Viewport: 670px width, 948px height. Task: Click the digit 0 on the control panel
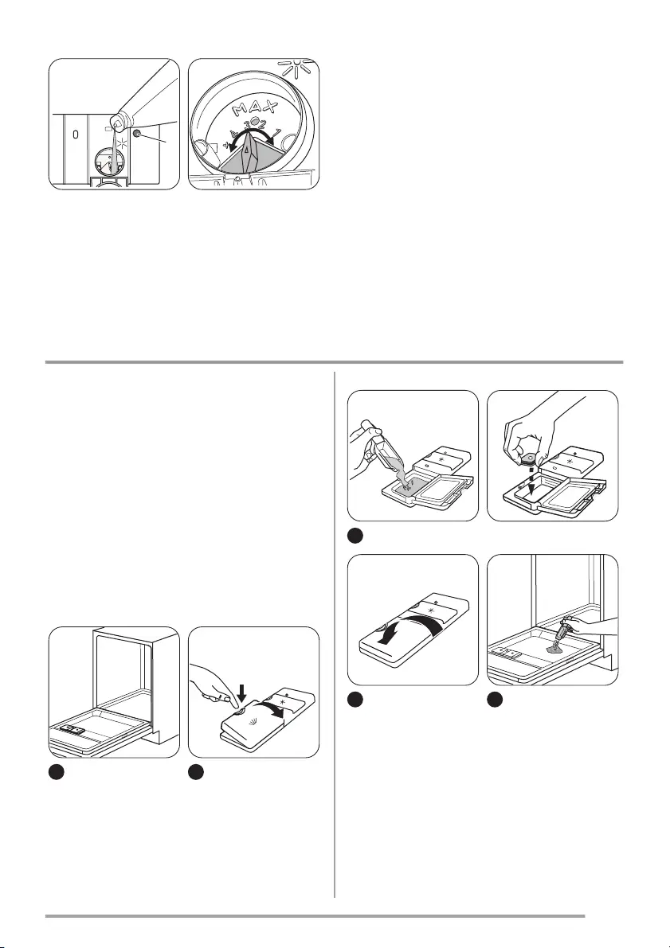tap(75, 135)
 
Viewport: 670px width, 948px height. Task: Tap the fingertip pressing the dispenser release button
tap(230, 700)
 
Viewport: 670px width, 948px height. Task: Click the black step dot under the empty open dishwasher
tap(56, 771)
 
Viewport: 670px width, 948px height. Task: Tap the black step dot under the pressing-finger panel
tap(198, 771)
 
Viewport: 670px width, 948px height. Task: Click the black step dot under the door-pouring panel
tap(494, 700)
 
